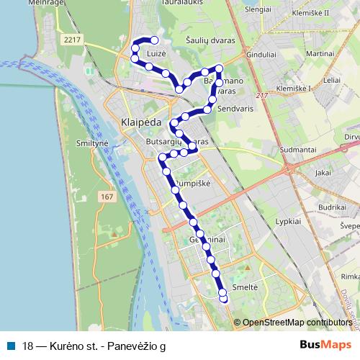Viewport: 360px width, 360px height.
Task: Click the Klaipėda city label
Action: [142, 122]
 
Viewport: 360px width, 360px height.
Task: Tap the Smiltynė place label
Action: [92, 144]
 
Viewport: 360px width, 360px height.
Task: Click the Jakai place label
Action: [323, 173]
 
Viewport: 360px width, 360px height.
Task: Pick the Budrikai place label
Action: [333, 207]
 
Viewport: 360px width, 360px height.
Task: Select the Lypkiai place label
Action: [289, 222]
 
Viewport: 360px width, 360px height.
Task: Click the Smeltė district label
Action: [246, 286]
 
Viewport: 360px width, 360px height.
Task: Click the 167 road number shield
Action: [107, 197]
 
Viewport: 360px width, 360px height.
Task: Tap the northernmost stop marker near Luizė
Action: [154, 40]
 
